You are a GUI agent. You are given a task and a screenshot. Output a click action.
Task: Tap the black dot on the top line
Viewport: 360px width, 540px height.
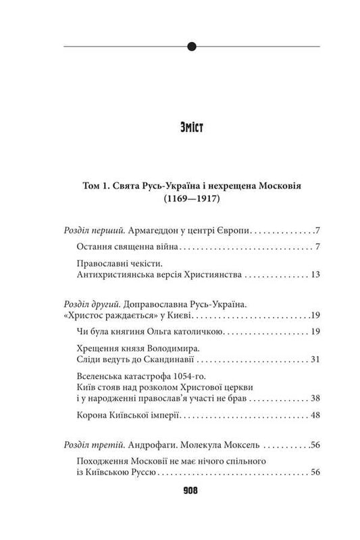(192, 47)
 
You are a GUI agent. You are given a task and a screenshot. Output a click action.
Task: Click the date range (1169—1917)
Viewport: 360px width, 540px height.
(180, 200)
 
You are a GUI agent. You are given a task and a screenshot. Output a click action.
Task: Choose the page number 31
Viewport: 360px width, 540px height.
(313, 358)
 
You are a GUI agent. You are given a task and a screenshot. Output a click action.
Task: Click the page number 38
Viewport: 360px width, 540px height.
(313, 397)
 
